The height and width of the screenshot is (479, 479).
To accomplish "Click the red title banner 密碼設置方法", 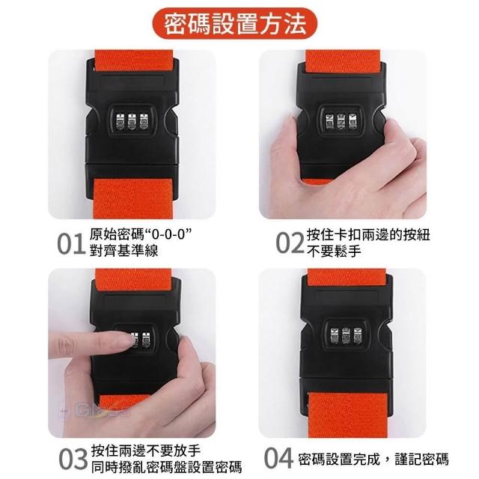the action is click(x=234, y=23).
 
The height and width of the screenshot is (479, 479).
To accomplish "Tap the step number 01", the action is click(x=70, y=244).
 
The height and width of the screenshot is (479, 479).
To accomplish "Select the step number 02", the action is click(x=290, y=243).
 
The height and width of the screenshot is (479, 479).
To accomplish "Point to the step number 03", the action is click(x=73, y=459).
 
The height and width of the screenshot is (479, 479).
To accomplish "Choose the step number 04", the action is click(x=278, y=458).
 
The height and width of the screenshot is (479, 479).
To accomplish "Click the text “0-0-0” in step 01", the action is click(x=169, y=235).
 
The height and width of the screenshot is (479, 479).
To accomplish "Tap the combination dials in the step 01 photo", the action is click(x=132, y=121).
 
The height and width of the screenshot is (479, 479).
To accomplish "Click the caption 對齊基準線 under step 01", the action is click(x=124, y=251).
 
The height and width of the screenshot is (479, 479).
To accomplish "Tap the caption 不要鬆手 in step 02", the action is click(x=335, y=251).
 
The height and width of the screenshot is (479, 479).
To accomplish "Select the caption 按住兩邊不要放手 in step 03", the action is click(x=146, y=451).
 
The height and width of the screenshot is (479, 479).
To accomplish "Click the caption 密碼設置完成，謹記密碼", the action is click(x=373, y=459).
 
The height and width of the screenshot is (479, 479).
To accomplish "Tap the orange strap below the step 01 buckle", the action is click(x=133, y=198).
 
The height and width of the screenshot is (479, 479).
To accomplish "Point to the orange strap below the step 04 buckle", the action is click(x=349, y=415).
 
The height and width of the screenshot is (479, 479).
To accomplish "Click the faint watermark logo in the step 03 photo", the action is click(x=95, y=409).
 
